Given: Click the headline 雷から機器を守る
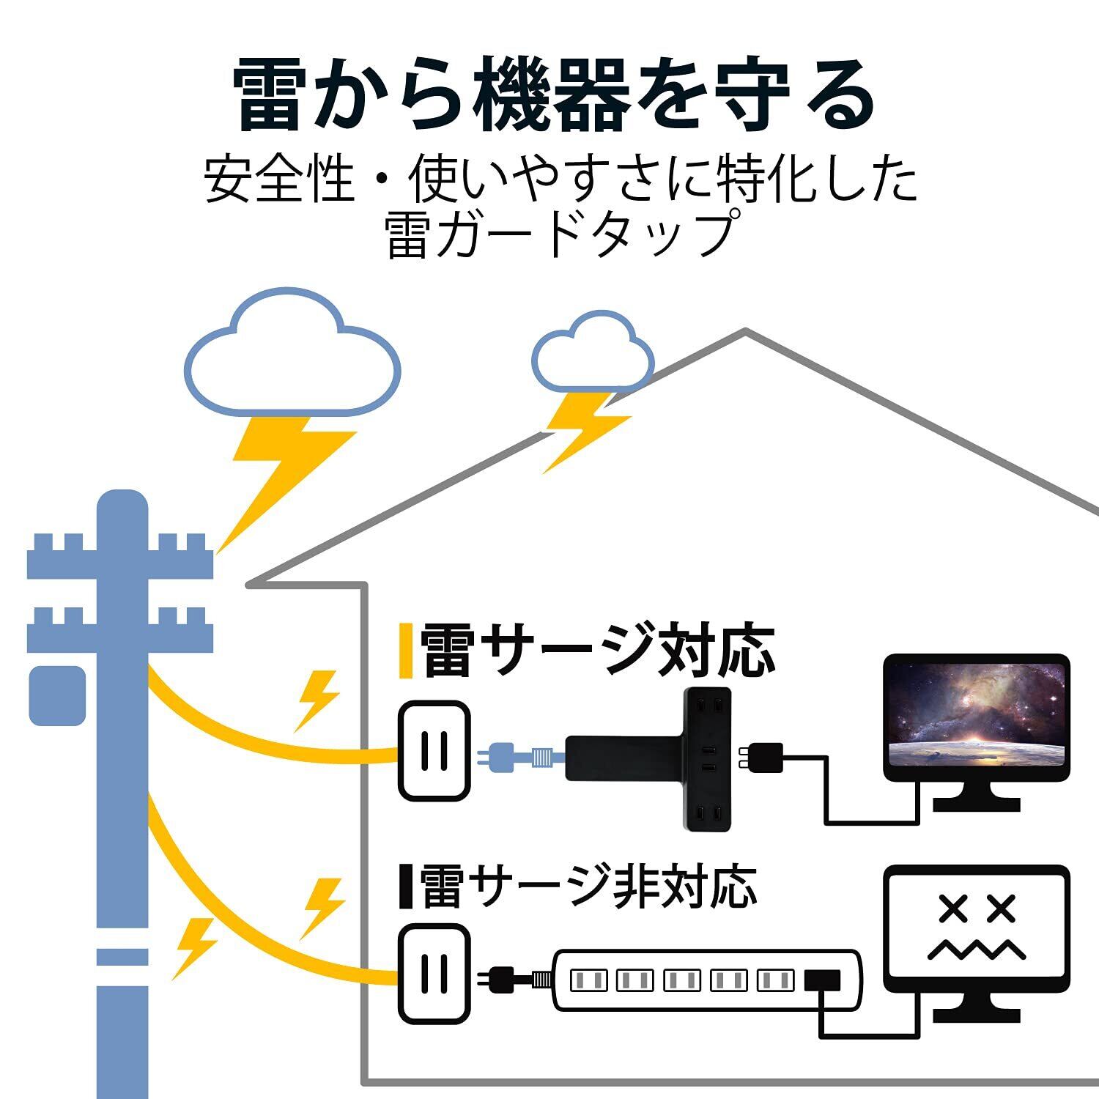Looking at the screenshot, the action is coord(554,97).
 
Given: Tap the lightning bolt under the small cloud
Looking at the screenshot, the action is coord(586,432).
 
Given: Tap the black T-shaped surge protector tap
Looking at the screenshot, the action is coord(648,759).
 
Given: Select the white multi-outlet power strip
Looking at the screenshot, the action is coord(706,980).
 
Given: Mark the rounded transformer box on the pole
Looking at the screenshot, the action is coord(57,695).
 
